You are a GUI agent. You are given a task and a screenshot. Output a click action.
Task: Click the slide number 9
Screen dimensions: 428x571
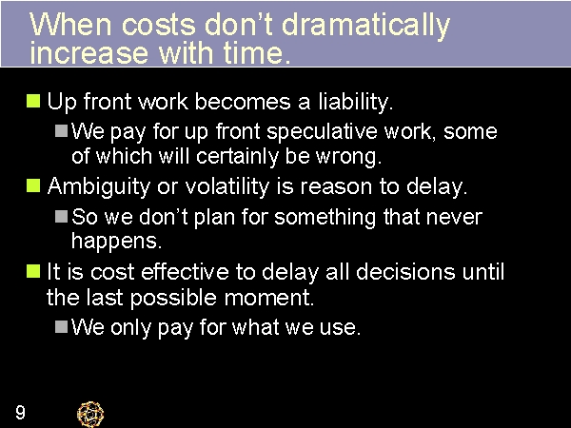point(20,413)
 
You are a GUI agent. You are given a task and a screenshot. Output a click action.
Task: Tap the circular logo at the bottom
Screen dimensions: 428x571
point(90,413)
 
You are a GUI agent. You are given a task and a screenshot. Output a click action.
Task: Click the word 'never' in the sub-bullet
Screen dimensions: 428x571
point(456,217)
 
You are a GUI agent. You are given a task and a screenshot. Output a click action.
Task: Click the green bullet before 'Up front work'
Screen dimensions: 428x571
point(33,100)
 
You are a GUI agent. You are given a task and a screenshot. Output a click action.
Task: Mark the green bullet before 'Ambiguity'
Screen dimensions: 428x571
point(33,185)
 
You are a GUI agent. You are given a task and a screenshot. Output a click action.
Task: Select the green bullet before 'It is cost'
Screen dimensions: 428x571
point(33,272)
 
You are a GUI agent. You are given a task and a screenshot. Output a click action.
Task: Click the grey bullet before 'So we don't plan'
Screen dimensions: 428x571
point(61,217)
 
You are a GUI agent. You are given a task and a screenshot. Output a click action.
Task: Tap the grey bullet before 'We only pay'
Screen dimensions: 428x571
point(61,327)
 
